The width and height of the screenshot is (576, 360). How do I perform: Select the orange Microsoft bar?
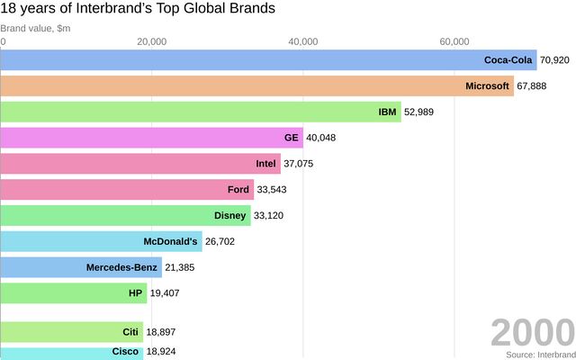pos(256,86)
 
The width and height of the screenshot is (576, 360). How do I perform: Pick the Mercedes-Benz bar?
pos(81,267)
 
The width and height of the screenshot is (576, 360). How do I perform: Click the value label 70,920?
pos(555,60)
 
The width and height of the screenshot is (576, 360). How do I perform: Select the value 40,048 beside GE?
pos(321,138)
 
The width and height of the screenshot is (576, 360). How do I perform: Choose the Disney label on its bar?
pos(229,216)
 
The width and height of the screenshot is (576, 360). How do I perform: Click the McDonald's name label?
pos(170,241)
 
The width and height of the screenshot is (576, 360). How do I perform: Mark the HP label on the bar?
pos(136,293)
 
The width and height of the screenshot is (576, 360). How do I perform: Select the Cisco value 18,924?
pos(161,351)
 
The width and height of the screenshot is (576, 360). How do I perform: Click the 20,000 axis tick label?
pos(153,41)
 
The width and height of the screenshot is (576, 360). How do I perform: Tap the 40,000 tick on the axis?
pos(304,41)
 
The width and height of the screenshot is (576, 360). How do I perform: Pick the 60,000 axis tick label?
pos(454,41)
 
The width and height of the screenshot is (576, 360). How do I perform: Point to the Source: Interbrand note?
pos(539,355)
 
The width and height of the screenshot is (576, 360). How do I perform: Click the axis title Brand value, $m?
pos(35,28)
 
